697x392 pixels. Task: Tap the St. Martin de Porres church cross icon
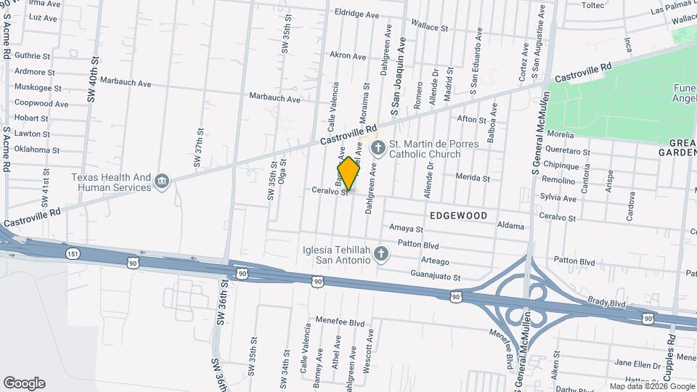[x=377, y=149]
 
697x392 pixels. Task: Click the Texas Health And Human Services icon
[x=162, y=182]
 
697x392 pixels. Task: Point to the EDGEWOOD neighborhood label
[x=458, y=216]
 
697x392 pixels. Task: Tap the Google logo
[x=24, y=383]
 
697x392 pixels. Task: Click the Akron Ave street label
[x=348, y=55]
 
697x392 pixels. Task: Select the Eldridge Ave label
[x=357, y=13]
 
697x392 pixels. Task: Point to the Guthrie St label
[x=32, y=55]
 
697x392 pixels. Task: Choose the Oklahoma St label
[x=37, y=150]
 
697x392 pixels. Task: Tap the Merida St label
[x=473, y=177]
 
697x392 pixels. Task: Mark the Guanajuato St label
[x=436, y=277]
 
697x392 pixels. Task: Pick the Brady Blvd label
[x=607, y=302]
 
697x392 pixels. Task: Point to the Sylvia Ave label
[x=558, y=197]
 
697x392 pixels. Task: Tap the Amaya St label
[x=406, y=227]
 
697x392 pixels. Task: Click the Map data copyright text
[x=651, y=386]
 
